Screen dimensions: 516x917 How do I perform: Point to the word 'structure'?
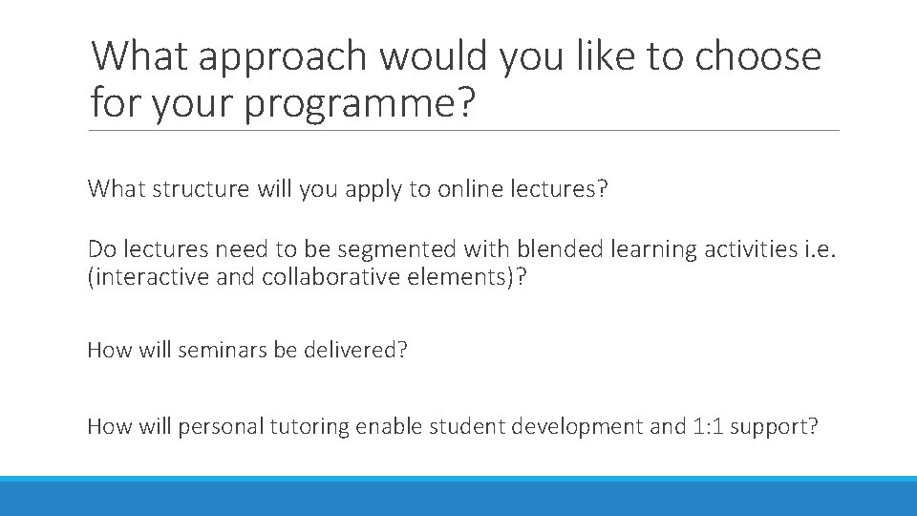[200, 189]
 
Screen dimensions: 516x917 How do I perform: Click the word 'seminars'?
[223, 350]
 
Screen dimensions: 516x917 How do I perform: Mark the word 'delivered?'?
[354, 350]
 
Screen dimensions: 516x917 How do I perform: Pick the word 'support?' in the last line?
[776, 426]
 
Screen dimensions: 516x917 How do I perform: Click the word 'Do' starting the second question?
[100, 249]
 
